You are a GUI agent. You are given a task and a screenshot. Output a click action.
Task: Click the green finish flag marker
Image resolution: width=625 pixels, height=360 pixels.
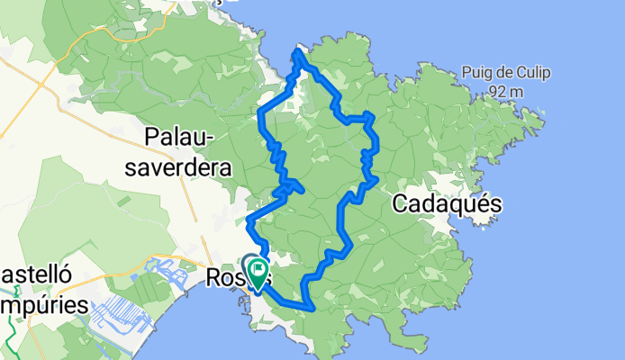258,268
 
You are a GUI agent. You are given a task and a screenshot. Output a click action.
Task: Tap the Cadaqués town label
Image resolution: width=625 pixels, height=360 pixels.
447,205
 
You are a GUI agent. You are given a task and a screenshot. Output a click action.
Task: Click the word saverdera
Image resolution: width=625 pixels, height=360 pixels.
187,166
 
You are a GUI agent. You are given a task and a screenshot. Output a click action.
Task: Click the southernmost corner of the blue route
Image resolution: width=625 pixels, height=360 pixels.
309,309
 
